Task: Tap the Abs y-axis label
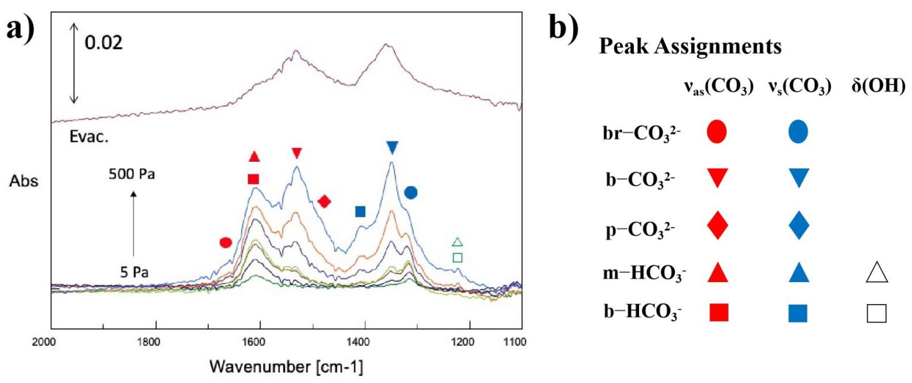click(x=24, y=181)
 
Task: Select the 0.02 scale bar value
click(x=103, y=43)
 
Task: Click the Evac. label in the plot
click(x=89, y=137)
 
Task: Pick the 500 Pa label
click(x=132, y=174)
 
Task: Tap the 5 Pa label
click(x=134, y=272)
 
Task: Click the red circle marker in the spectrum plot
click(x=225, y=242)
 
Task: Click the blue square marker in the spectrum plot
click(x=360, y=212)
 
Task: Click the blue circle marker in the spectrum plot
click(x=411, y=193)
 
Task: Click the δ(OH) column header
click(x=878, y=86)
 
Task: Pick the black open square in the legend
click(x=877, y=313)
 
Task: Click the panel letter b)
click(x=564, y=29)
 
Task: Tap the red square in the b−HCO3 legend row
click(x=719, y=313)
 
